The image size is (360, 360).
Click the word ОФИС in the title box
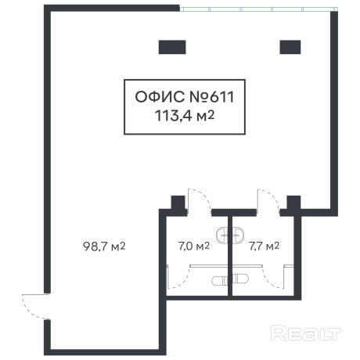pyautogui.click(x=159, y=97)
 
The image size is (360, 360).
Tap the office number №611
pyautogui.click(x=211, y=97)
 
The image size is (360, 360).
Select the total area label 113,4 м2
pyautogui.click(x=185, y=116)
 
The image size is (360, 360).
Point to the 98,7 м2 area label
pyautogui.click(x=104, y=247)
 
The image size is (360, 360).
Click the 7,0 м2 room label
pyautogui.click(x=194, y=246)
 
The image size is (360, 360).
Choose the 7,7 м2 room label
pyautogui.click(x=264, y=246)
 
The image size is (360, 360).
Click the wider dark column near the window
pyautogui.click(x=172, y=47)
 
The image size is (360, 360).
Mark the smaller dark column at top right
pyautogui.click(x=290, y=47)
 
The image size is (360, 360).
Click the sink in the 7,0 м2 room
pyautogui.click(x=222, y=236)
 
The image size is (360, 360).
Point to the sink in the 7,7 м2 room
pyautogui.click(x=238, y=236)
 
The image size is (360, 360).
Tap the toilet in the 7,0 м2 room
pyautogui.click(x=220, y=280)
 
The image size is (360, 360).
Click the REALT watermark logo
pyautogui.click(x=306, y=333)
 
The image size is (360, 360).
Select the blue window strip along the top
pyautogui.click(x=258, y=9)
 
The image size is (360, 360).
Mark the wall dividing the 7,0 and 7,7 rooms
pyautogui.click(x=230, y=256)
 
